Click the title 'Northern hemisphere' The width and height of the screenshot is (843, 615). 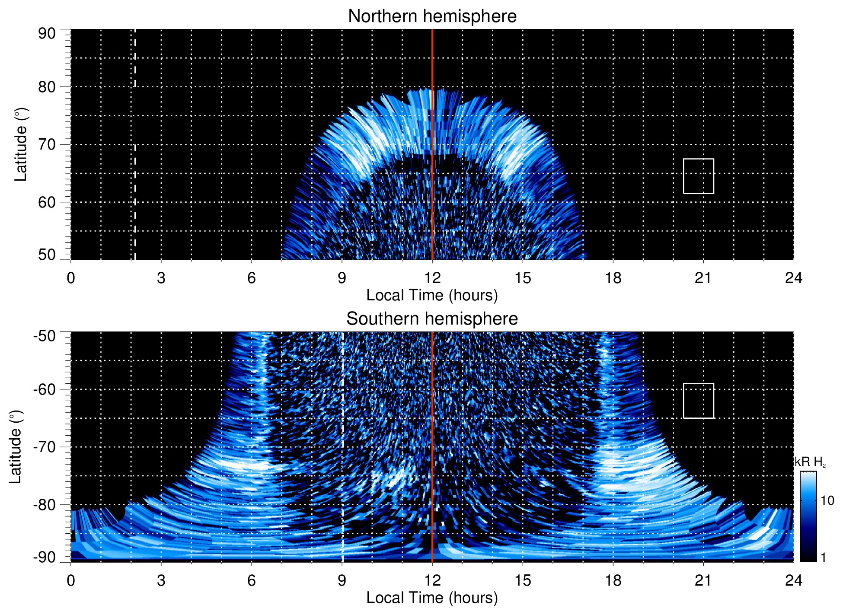(432, 16)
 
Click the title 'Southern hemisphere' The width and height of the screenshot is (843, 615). (432, 319)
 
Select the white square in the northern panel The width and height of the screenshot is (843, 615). (698, 176)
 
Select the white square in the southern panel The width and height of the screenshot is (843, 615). (698, 401)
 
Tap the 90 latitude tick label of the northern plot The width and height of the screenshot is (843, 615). (47, 34)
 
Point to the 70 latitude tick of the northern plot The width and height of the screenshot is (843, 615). (47, 144)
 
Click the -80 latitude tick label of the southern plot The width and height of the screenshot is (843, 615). (44, 504)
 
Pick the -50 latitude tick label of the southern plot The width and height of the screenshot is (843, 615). (44, 336)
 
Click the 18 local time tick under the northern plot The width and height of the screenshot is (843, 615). (613, 278)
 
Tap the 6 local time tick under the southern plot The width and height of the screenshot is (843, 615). (251, 580)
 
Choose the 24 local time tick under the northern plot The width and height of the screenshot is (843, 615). (793, 278)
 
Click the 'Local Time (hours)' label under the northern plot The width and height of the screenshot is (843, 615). (432, 295)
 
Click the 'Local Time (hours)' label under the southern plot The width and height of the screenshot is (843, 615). (432, 598)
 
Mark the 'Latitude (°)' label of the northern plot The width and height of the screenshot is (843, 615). (21, 144)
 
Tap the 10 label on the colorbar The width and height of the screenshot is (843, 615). (827, 500)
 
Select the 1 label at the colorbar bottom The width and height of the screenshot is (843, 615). (823, 558)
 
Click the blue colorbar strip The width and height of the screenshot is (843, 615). (808, 516)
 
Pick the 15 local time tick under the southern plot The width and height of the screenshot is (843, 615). (522, 580)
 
